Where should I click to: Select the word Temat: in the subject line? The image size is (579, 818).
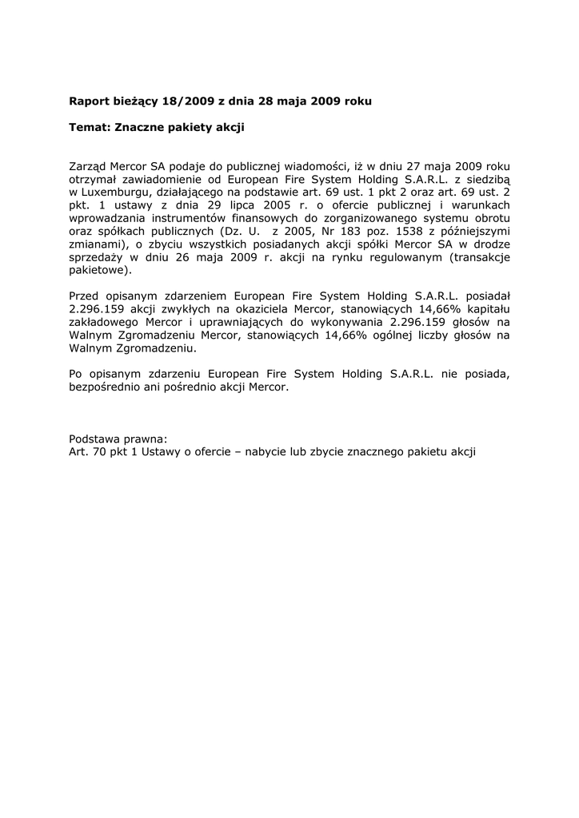point(90,126)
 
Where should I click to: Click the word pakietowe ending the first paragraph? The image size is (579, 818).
point(98,269)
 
